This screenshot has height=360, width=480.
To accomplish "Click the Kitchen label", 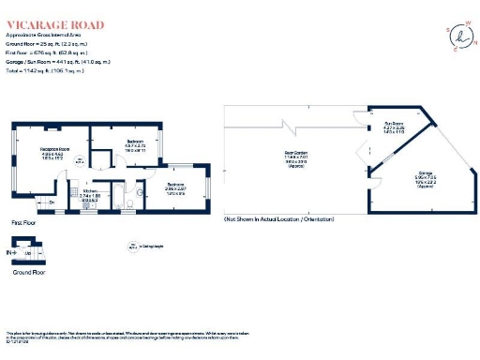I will click(x=115, y=195).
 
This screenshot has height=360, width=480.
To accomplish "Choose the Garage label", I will click(x=398, y=176).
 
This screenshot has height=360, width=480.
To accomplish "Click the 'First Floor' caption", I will click(x=28, y=225).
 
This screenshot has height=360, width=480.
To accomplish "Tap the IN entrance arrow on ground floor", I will click(x=12, y=253).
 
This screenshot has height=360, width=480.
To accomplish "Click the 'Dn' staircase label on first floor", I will click(x=52, y=202).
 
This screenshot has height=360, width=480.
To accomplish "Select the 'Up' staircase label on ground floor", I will click(x=29, y=253).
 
